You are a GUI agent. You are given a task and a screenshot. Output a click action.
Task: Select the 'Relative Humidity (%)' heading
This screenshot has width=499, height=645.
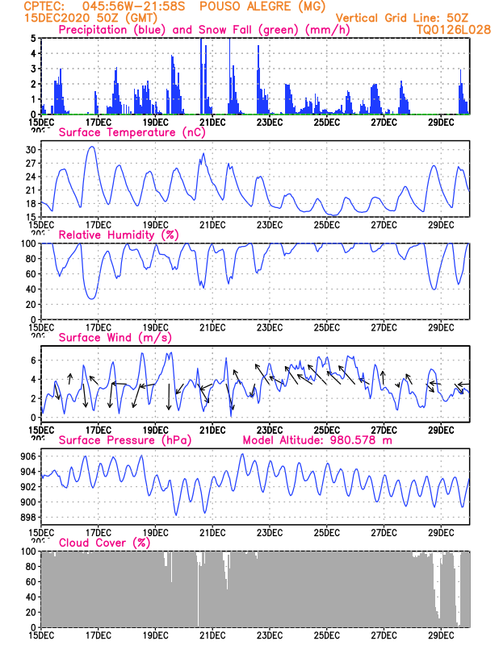119,235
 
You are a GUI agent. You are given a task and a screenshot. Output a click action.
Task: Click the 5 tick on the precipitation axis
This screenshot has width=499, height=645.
33,38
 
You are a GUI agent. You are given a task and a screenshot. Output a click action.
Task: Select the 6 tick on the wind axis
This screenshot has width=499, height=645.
33,359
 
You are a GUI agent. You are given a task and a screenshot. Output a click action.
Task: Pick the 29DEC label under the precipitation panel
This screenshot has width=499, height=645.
440,122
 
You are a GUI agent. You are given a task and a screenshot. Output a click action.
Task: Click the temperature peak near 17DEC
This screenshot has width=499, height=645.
91,147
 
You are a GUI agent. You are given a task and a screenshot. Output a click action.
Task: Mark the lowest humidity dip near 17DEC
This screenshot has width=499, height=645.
92,298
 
